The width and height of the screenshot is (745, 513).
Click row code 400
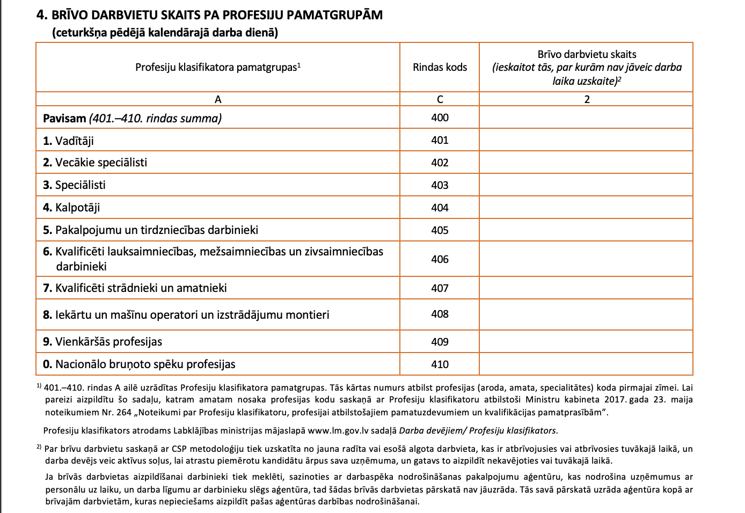(x=440, y=118)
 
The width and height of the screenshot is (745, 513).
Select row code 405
(x=440, y=230)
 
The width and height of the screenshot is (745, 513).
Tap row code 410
(x=440, y=364)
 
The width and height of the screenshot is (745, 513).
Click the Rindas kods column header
(x=440, y=67)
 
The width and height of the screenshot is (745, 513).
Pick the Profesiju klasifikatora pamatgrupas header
(x=217, y=67)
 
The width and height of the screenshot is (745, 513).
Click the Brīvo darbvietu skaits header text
(x=587, y=54)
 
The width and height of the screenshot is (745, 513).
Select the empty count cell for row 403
(x=586, y=185)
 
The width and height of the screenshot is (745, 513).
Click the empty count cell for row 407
(x=586, y=288)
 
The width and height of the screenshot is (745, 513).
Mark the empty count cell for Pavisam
(x=586, y=118)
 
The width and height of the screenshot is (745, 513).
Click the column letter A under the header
(x=217, y=99)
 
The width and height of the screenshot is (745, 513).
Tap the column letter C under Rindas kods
(x=440, y=99)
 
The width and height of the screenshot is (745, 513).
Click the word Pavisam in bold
(x=64, y=118)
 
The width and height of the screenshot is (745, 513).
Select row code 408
(x=440, y=314)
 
